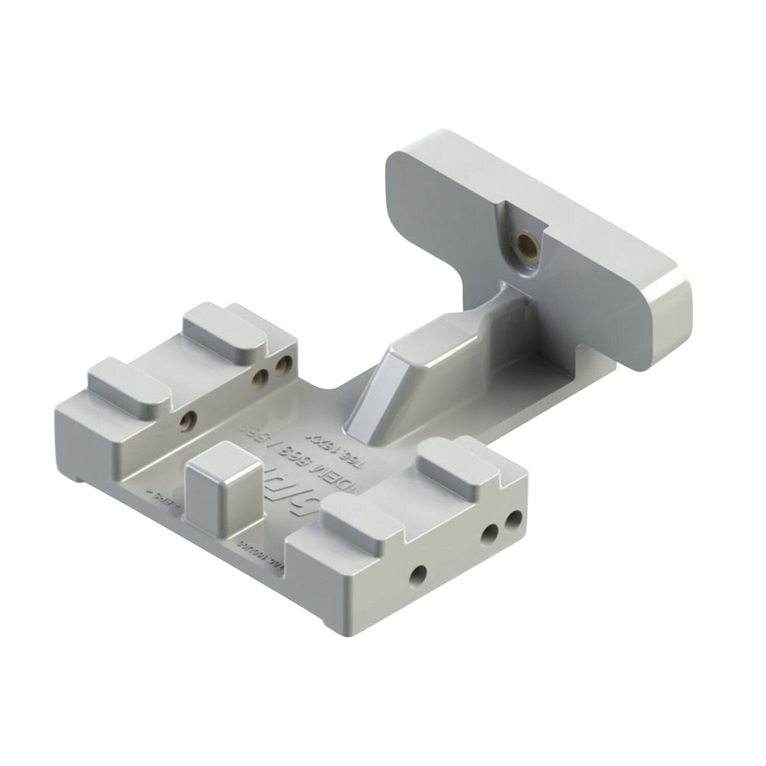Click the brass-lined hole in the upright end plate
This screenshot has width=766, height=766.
[x=526, y=246]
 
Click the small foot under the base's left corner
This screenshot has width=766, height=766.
[x=80, y=478]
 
